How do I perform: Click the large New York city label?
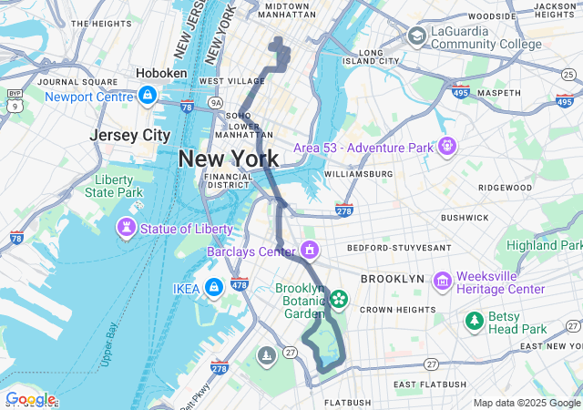tap(229, 159)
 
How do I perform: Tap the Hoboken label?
tap(161, 73)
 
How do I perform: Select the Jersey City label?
tap(130, 135)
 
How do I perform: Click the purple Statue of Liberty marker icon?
tap(125, 225)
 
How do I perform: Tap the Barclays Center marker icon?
tap(311, 249)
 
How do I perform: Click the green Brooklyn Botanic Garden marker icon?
tap(338, 298)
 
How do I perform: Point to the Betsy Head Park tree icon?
tap(474, 320)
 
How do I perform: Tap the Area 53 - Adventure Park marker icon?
tap(446, 145)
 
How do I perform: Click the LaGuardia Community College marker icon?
tap(416, 36)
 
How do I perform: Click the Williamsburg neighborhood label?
tap(357, 173)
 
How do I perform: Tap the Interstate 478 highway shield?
tap(240, 284)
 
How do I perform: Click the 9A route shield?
tap(215, 104)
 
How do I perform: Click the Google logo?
tap(29, 399)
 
